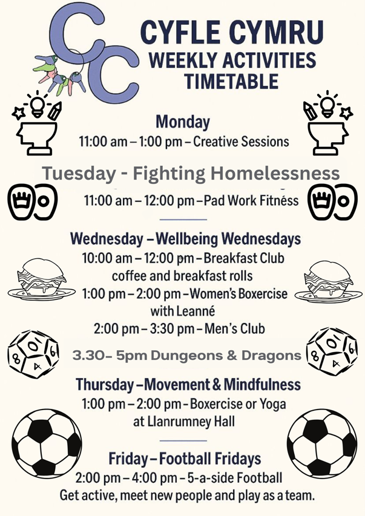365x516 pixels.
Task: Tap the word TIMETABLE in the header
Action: point(231,81)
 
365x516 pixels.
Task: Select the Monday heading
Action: point(183,122)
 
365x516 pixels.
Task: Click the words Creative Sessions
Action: point(241,142)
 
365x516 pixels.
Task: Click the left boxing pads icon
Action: point(32,201)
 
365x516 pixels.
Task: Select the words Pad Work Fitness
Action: point(251,200)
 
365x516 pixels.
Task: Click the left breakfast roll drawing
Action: point(41,279)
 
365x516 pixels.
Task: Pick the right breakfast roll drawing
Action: point(328,281)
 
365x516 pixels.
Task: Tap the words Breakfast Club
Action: point(244,258)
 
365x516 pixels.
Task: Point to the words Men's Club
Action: point(235,328)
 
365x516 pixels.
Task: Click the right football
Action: point(322,443)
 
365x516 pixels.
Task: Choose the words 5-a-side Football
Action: point(235,478)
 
